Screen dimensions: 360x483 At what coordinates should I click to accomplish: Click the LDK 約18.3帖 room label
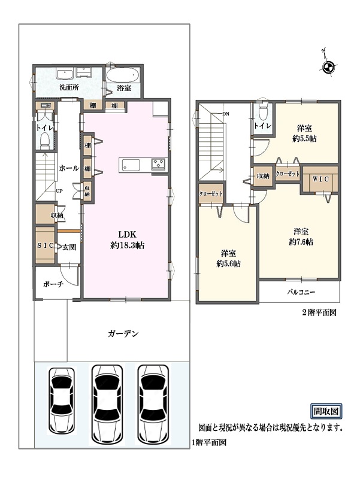pos(128,240)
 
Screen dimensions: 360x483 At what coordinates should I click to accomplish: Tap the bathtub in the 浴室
pos(123,74)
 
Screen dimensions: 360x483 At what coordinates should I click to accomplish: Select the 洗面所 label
pos(69,87)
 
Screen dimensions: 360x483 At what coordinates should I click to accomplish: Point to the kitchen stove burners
pos(159,164)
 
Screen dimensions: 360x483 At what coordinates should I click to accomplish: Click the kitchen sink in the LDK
pos(131,165)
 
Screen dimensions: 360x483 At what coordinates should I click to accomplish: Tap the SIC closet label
pos(46,245)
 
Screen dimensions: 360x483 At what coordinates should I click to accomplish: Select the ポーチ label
pos(53,284)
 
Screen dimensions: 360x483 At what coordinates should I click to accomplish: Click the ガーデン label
pos(123,333)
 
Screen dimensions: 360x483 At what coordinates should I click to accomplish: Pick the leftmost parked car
pos(62,400)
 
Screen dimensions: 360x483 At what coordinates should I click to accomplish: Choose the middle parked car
pos(107,404)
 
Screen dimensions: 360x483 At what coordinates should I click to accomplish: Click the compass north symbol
pos(327,66)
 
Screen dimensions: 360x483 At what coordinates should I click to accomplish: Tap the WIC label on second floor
pos(320,179)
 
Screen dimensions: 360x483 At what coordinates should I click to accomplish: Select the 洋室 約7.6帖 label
pos(301,236)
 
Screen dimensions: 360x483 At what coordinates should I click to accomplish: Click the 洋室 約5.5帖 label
pos(304,133)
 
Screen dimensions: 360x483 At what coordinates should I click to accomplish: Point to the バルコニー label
pos(301,291)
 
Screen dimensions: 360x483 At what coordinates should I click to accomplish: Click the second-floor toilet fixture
pos(263,112)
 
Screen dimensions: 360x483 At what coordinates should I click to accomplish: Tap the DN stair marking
pos(226,114)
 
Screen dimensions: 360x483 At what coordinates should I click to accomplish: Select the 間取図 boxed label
pos(326,411)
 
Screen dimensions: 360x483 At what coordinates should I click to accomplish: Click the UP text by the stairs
pos(59,191)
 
